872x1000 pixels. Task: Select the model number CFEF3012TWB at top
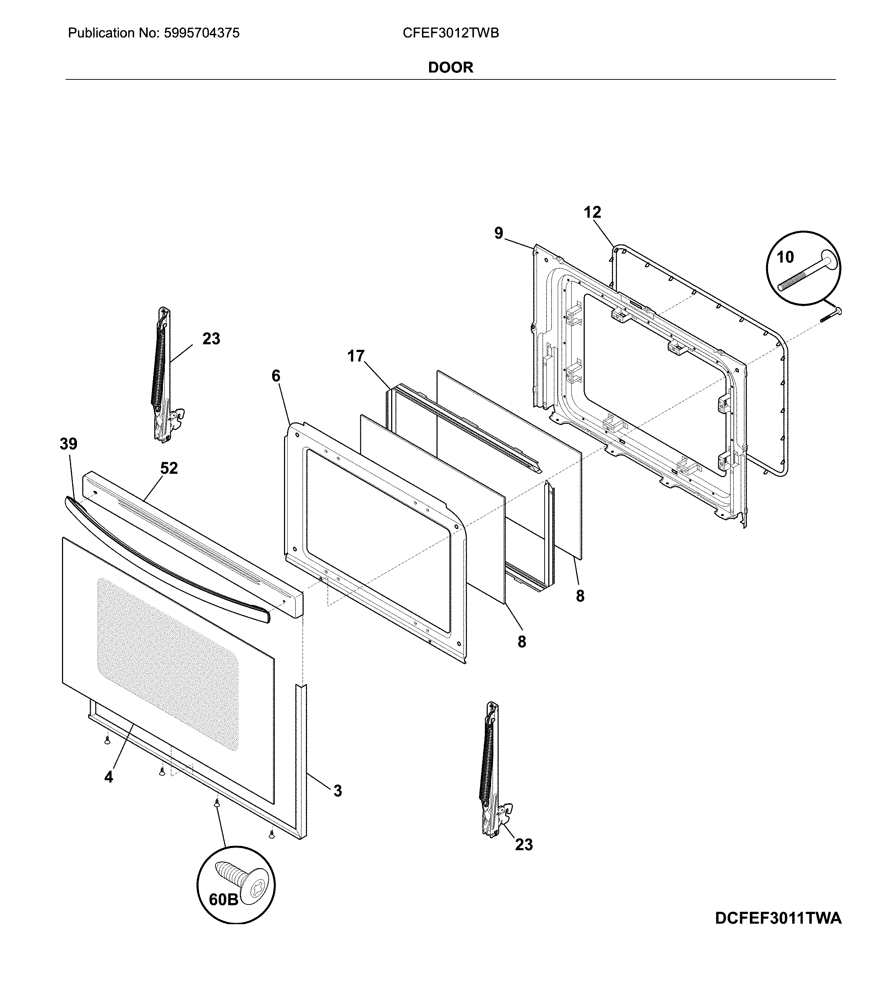click(451, 33)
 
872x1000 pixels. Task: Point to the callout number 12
click(592, 212)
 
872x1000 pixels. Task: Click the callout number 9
click(499, 234)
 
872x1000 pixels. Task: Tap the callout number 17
click(356, 356)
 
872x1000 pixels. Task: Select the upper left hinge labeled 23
click(163, 375)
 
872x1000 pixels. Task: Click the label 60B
click(223, 900)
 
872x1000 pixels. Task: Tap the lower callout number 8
click(522, 642)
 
